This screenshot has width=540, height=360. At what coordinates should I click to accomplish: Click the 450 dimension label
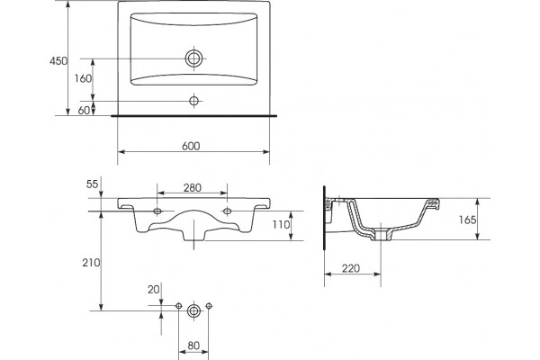pos(58,61)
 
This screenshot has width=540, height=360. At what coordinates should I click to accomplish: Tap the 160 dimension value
pos(83,79)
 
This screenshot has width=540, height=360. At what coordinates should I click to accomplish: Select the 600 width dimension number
pos(191,146)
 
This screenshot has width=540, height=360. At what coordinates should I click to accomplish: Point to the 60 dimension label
pos(84,110)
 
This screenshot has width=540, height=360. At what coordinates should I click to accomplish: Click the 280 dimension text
pos(193,188)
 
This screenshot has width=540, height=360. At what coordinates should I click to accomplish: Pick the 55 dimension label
pos(92,184)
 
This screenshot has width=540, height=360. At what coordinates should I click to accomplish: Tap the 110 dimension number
pos(282,225)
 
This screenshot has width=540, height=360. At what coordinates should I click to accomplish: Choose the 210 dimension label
pos(91,263)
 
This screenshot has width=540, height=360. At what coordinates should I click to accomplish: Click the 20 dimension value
pos(154,290)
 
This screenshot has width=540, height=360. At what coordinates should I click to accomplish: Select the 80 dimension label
pos(193,346)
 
